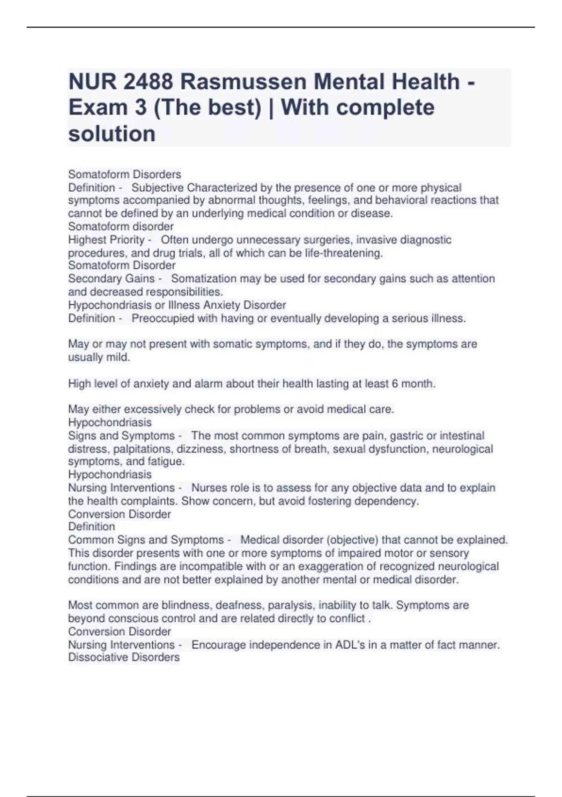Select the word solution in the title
click(x=112, y=134)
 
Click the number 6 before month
click(x=395, y=383)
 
